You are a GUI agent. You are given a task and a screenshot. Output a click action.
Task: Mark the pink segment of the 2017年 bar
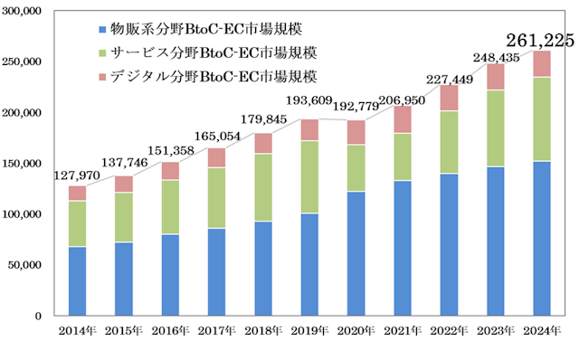click(x=217, y=157)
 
